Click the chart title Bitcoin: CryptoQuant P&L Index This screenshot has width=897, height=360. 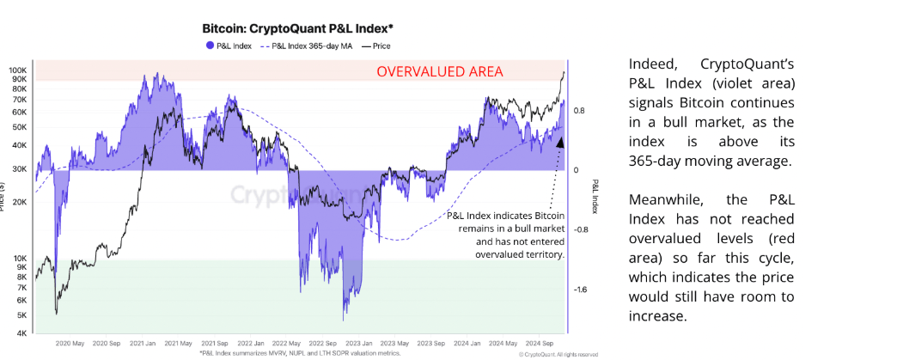click(297, 27)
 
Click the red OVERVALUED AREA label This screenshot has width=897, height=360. click(440, 71)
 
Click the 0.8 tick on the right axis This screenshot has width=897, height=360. click(580, 110)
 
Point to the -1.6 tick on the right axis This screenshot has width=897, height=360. click(581, 290)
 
